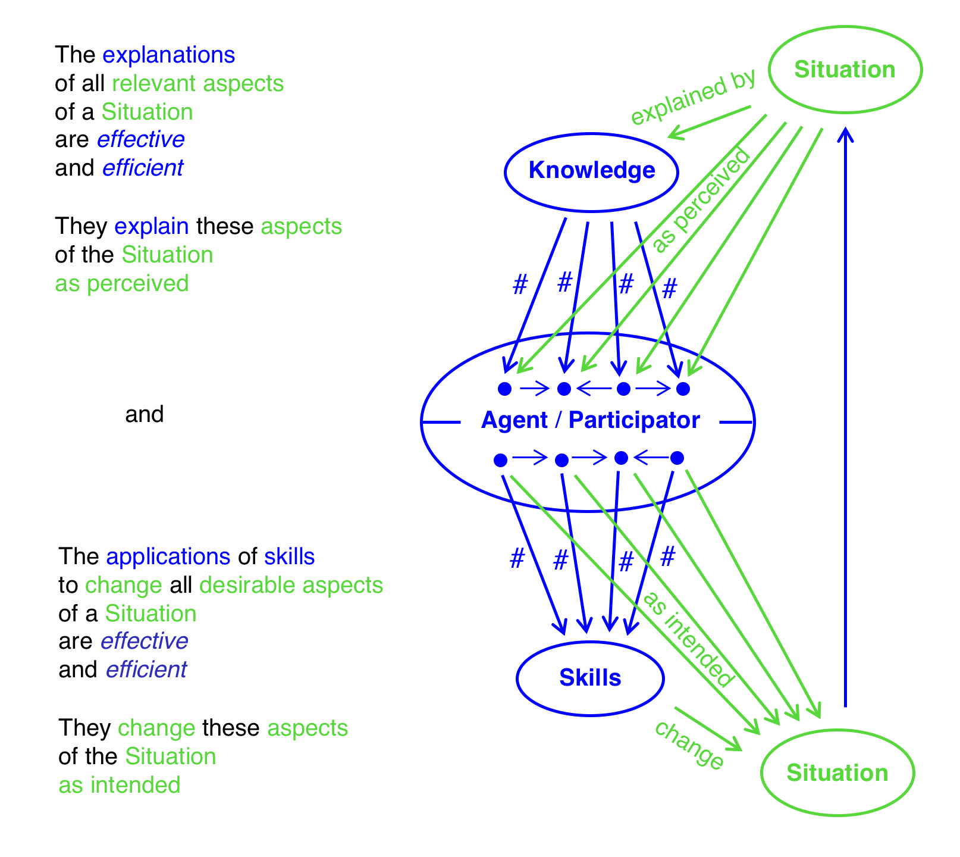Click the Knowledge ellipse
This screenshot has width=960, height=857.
[591, 171]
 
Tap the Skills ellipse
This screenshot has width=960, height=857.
[590, 678]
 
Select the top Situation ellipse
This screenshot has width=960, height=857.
[845, 70]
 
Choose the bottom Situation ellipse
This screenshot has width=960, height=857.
[837, 772]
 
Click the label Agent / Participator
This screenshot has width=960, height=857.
[590, 420]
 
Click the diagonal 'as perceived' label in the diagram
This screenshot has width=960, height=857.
[702, 200]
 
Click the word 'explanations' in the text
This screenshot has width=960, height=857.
[169, 55]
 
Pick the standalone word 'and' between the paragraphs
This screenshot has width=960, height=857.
[144, 414]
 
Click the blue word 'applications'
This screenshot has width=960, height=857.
[168, 556]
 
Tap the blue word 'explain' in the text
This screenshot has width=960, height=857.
[152, 227]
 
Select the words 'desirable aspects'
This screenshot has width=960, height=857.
[291, 586]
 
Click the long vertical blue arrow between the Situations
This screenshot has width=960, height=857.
[845, 417]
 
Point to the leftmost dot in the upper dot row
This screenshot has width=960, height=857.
[504, 389]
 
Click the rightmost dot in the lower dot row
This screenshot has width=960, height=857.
[677, 458]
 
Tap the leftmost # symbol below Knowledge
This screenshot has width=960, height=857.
[520, 285]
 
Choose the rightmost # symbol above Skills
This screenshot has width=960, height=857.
[668, 557]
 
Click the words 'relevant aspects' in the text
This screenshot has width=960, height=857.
[197, 84]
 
